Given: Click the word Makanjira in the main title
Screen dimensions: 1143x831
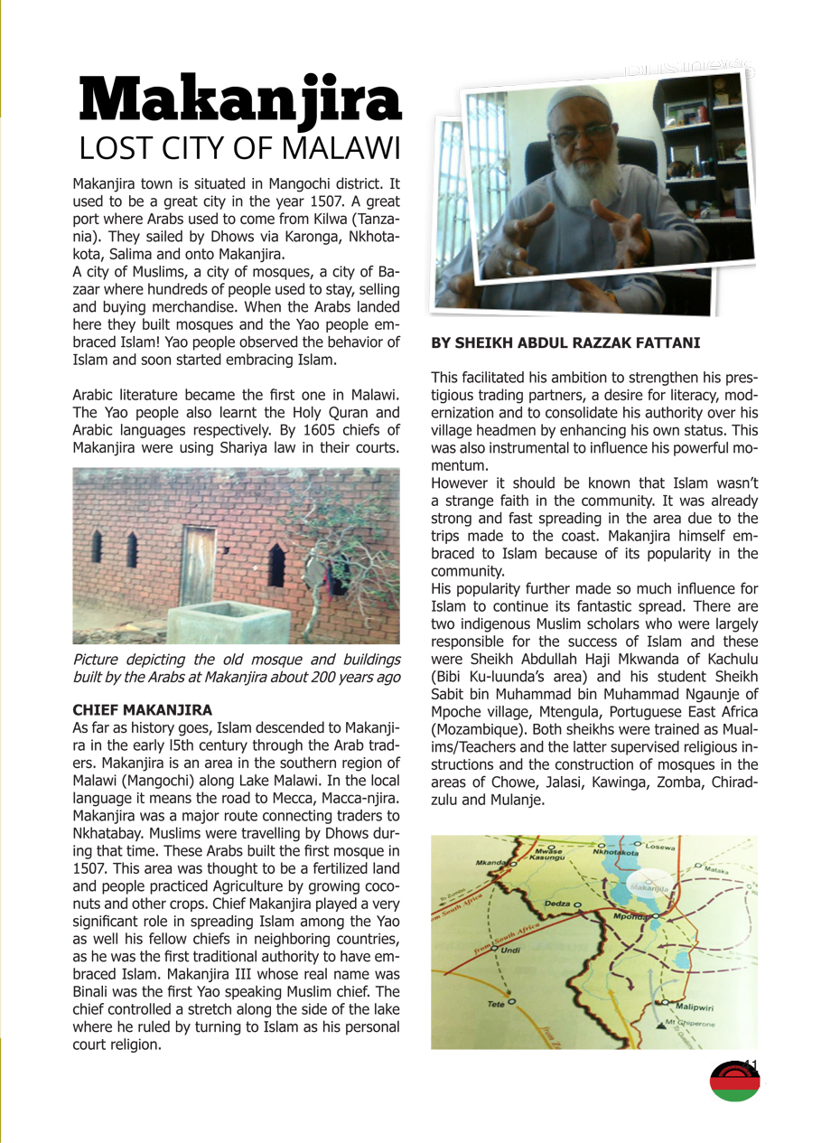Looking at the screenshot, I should click(x=239, y=101).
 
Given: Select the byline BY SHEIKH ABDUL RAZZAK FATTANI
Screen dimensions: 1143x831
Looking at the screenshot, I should click(x=565, y=343).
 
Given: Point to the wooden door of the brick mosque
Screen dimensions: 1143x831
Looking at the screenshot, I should click(x=198, y=567).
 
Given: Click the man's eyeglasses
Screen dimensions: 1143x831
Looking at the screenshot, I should click(x=580, y=134).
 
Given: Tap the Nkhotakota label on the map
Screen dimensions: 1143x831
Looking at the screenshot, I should click(x=615, y=852).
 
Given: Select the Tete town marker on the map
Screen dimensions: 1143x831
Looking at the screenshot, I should click(x=511, y=1002).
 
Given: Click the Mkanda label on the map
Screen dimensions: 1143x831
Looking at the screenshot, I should click(x=489, y=863).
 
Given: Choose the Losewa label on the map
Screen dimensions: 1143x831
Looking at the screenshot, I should click(x=659, y=847).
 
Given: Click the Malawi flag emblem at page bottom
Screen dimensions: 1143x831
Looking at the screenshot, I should click(x=734, y=1081).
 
